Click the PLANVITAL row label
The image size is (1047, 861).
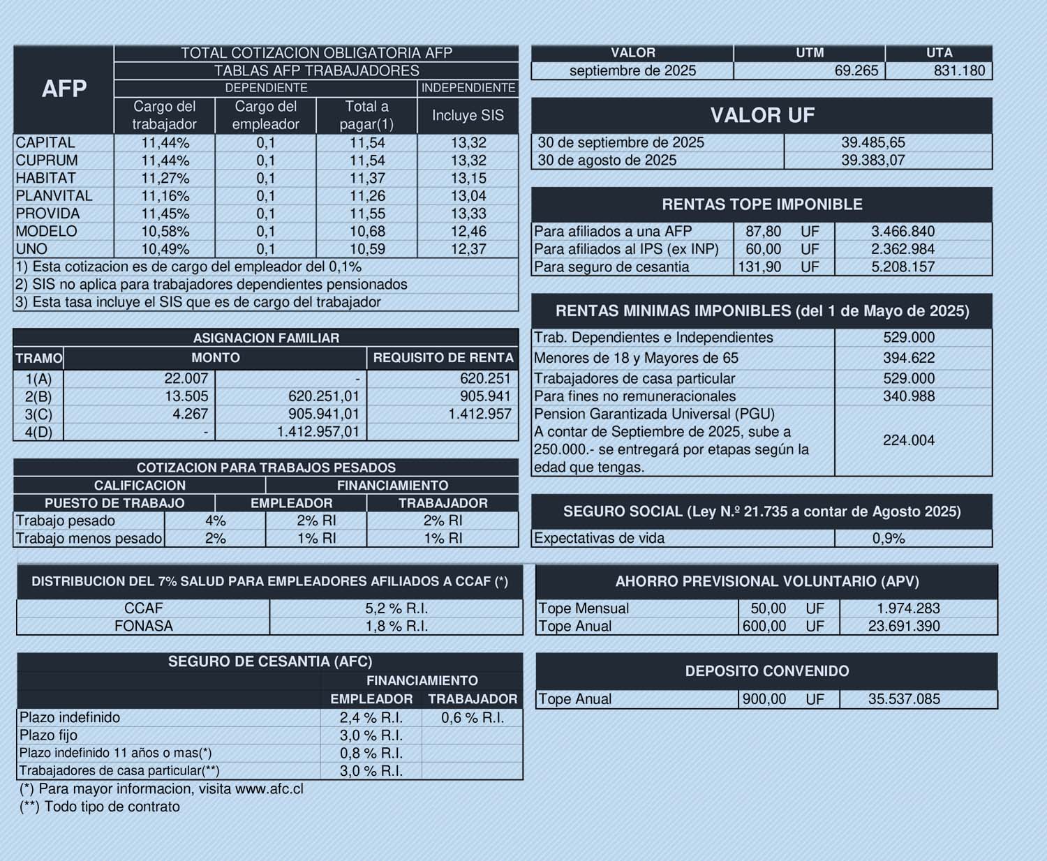(54, 196)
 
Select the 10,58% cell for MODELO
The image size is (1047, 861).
(165, 232)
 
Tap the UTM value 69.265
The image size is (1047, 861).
(856, 70)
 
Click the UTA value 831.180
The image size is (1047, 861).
(959, 70)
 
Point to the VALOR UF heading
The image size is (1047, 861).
(762, 115)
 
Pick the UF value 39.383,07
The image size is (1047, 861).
(872, 160)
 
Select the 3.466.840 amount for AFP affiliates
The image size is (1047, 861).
(903, 232)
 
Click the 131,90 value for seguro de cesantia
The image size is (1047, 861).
(759, 267)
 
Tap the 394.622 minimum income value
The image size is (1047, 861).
(908, 359)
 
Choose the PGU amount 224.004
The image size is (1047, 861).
(908, 440)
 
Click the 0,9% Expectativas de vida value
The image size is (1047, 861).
(888, 539)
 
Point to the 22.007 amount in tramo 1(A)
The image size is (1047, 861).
(186, 379)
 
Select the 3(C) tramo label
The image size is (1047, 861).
(38, 414)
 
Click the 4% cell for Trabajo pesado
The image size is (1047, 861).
(215, 521)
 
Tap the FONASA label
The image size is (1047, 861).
(143, 627)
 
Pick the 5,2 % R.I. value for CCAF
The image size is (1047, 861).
(396, 608)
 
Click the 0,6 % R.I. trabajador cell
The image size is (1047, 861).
(472, 718)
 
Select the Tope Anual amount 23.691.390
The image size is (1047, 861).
(903, 627)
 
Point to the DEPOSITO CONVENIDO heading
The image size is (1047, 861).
(766, 671)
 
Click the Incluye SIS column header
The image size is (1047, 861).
(468, 116)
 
